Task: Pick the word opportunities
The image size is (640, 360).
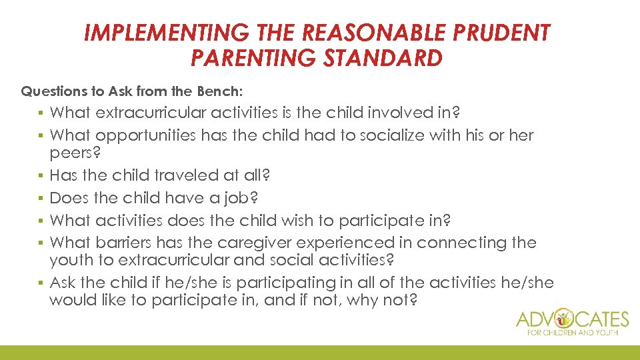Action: [x=146, y=135]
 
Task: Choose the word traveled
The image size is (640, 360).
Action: [x=185, y=176]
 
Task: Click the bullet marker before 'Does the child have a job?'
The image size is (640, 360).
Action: [x=41, y=198]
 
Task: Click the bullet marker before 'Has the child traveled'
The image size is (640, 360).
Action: [x=41, y=176]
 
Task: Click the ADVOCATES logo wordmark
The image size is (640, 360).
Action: [x=573, y=319]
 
